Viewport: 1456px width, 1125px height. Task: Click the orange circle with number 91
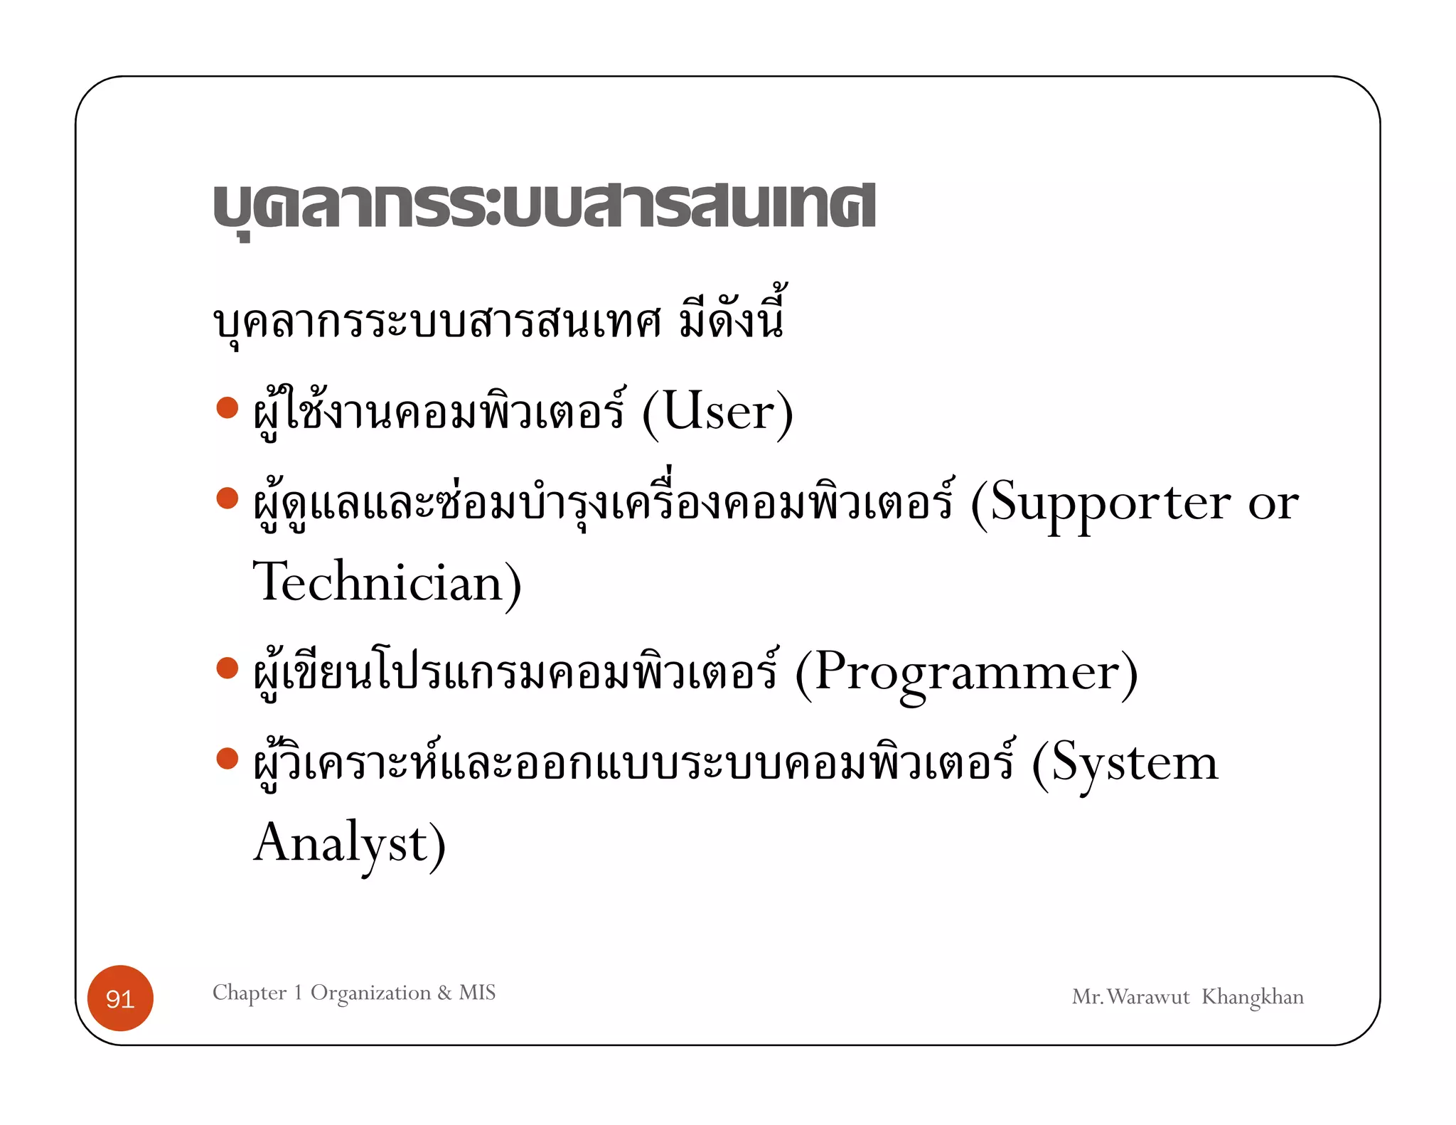pos(120,998)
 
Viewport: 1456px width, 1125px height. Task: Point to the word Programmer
pos(968,673)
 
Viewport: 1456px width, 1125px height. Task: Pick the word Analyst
pos(341,843)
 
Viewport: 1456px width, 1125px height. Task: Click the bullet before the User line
pos(227,407)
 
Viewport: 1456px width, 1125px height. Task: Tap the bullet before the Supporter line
pos(227,498)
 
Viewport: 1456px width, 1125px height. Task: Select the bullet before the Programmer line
pos(227,668)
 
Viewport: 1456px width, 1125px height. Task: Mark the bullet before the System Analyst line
pos(227,758)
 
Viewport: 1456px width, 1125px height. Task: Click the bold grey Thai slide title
pos(544,207)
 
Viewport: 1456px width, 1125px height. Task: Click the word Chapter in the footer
pos(250,992)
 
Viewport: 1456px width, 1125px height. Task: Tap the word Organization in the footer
pos(370,992)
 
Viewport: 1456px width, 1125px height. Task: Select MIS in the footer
pos(477,992)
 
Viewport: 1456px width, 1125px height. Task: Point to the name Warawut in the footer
pos(1148,997)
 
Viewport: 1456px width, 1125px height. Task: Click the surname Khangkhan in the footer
pos(1252,997)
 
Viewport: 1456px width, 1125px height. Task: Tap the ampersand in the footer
pos(445,992)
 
